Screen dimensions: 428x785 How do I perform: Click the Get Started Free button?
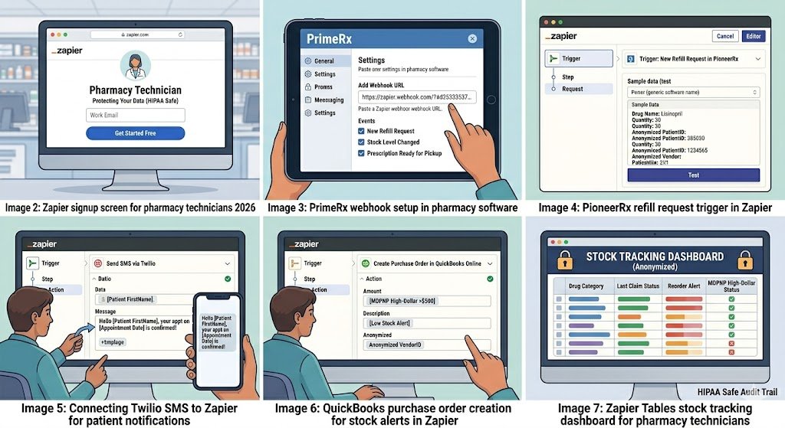135,132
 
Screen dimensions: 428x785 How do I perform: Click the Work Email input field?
135,115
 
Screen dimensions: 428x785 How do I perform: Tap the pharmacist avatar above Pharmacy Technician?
135,65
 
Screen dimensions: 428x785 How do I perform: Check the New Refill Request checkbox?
362,131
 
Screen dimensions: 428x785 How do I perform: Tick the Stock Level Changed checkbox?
362,142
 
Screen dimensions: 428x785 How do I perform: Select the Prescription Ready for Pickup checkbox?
362,153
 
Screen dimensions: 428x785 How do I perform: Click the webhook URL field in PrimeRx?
416,97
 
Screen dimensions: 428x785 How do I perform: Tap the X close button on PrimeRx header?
471,39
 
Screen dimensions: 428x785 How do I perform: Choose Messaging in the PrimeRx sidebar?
329,100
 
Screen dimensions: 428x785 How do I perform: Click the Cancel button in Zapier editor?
724,36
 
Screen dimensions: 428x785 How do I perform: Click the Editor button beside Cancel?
753,36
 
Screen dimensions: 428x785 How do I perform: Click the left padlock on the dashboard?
565,260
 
